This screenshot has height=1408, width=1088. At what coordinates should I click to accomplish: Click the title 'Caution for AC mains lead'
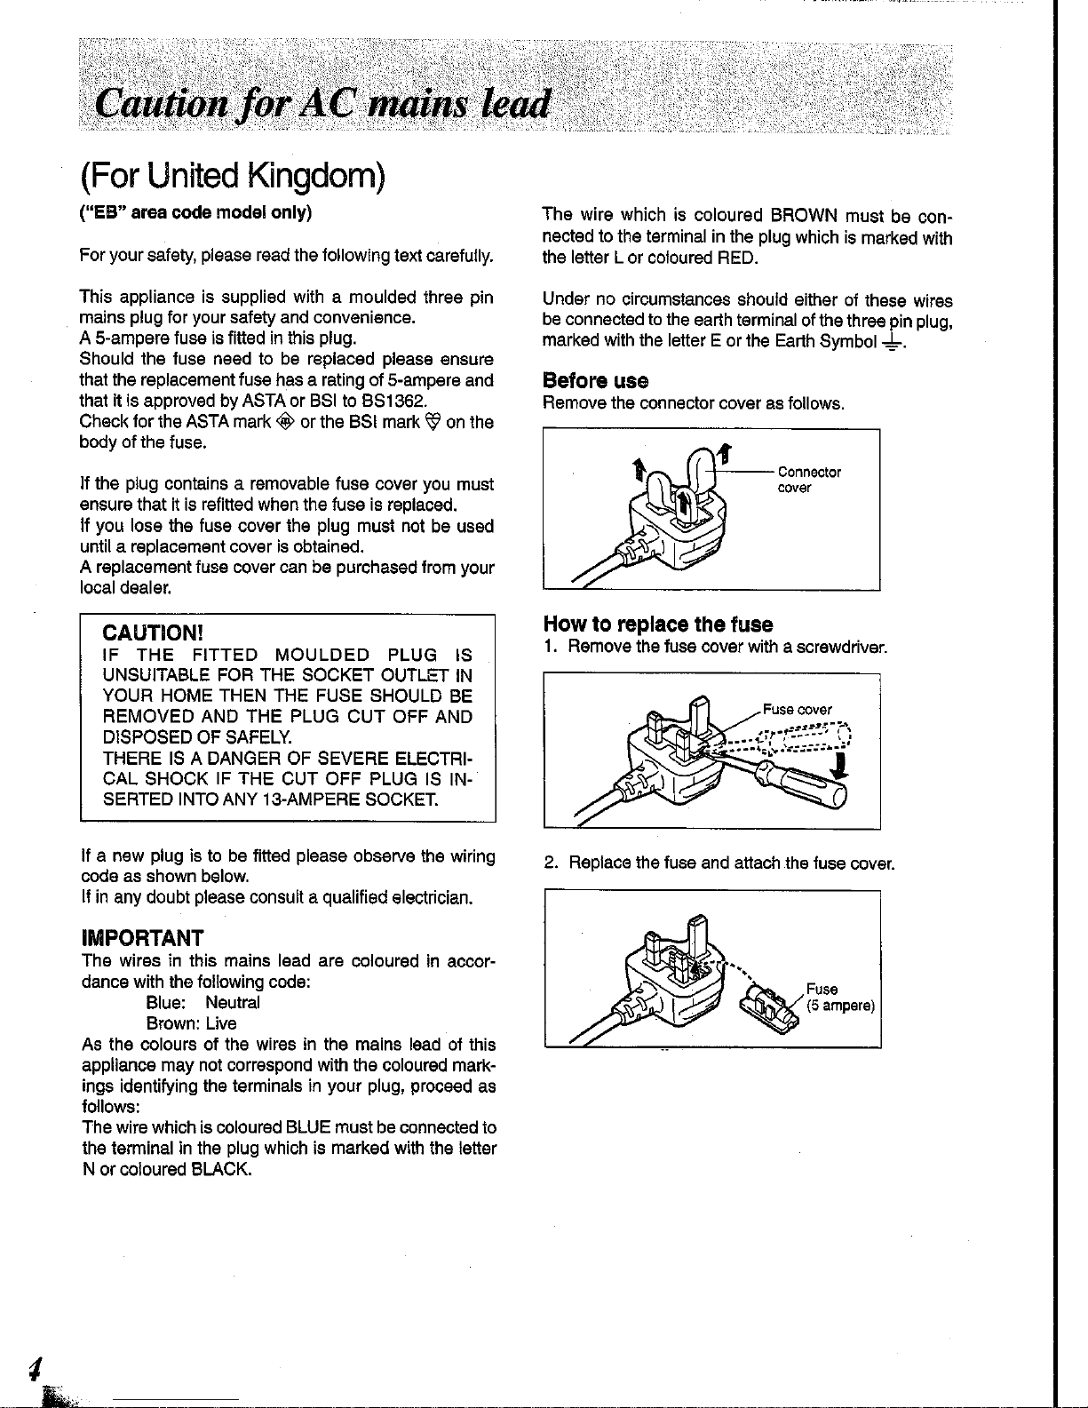click(324, 104)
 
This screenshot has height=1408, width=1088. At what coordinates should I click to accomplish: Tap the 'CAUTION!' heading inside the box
click(154, 632)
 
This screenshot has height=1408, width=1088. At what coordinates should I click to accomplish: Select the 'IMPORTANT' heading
click(142, 938)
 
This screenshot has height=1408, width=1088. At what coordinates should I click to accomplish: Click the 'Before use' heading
click(595, 381)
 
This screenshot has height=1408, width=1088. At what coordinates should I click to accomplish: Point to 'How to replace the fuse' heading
click(657, 624)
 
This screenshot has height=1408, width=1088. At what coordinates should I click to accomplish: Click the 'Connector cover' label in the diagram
click(808, 480)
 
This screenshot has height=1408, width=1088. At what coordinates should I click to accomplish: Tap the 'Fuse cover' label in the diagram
click(797, 709)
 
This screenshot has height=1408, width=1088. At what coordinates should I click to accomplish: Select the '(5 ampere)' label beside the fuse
click(840, 1006)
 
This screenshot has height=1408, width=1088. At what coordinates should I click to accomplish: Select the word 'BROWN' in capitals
click(805, 215)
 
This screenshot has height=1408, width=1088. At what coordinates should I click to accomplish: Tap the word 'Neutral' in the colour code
click(233, 1002)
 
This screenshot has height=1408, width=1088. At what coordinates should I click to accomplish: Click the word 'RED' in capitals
click(736, 258)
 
